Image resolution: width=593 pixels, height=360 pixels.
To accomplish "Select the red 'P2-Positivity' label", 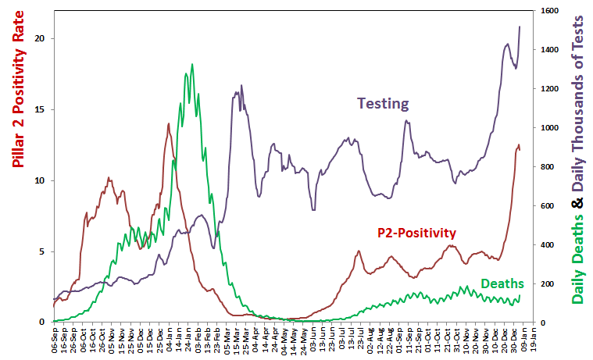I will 416,232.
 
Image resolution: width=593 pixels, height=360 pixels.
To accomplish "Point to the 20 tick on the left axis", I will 43,38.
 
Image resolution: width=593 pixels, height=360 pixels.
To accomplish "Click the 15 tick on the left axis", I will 43,109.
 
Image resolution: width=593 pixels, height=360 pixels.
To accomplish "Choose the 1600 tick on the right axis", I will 550,11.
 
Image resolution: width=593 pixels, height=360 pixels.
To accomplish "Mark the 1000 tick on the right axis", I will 550,128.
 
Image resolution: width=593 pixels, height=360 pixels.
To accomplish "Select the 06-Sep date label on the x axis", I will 54,337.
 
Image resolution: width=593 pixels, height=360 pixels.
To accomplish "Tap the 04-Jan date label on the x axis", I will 170,337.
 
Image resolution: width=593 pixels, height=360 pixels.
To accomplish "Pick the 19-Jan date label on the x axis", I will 534,337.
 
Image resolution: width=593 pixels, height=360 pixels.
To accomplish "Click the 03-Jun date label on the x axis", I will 313,337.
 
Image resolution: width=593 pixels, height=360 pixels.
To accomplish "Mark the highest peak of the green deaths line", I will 192,65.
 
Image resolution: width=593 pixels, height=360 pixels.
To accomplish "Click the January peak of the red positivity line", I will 168,123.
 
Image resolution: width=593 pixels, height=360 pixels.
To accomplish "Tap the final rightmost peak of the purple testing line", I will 520,27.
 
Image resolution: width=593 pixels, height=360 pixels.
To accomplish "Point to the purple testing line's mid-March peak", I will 241,86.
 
